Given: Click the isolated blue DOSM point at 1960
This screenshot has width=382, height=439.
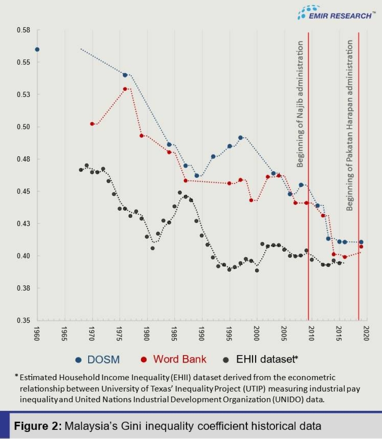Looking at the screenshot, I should tap(37, 49).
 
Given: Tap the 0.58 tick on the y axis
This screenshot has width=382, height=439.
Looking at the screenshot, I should tap(24, 30).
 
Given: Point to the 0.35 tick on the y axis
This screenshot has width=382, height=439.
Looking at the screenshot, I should tap(24, 320).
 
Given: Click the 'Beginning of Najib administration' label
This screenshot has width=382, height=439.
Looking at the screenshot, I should tap(301, 104).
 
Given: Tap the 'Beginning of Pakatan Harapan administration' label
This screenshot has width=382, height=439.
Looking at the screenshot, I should tap(350, 125).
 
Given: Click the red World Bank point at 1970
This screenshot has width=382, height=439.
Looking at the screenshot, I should tap(92, 124).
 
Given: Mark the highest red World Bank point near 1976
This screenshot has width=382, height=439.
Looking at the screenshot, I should tap(125, 89).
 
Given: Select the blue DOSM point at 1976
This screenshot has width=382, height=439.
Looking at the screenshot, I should tap(125, 75).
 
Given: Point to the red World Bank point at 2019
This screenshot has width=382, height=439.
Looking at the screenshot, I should tap(361, 247).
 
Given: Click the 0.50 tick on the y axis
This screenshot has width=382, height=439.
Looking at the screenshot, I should tap(24, 127).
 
